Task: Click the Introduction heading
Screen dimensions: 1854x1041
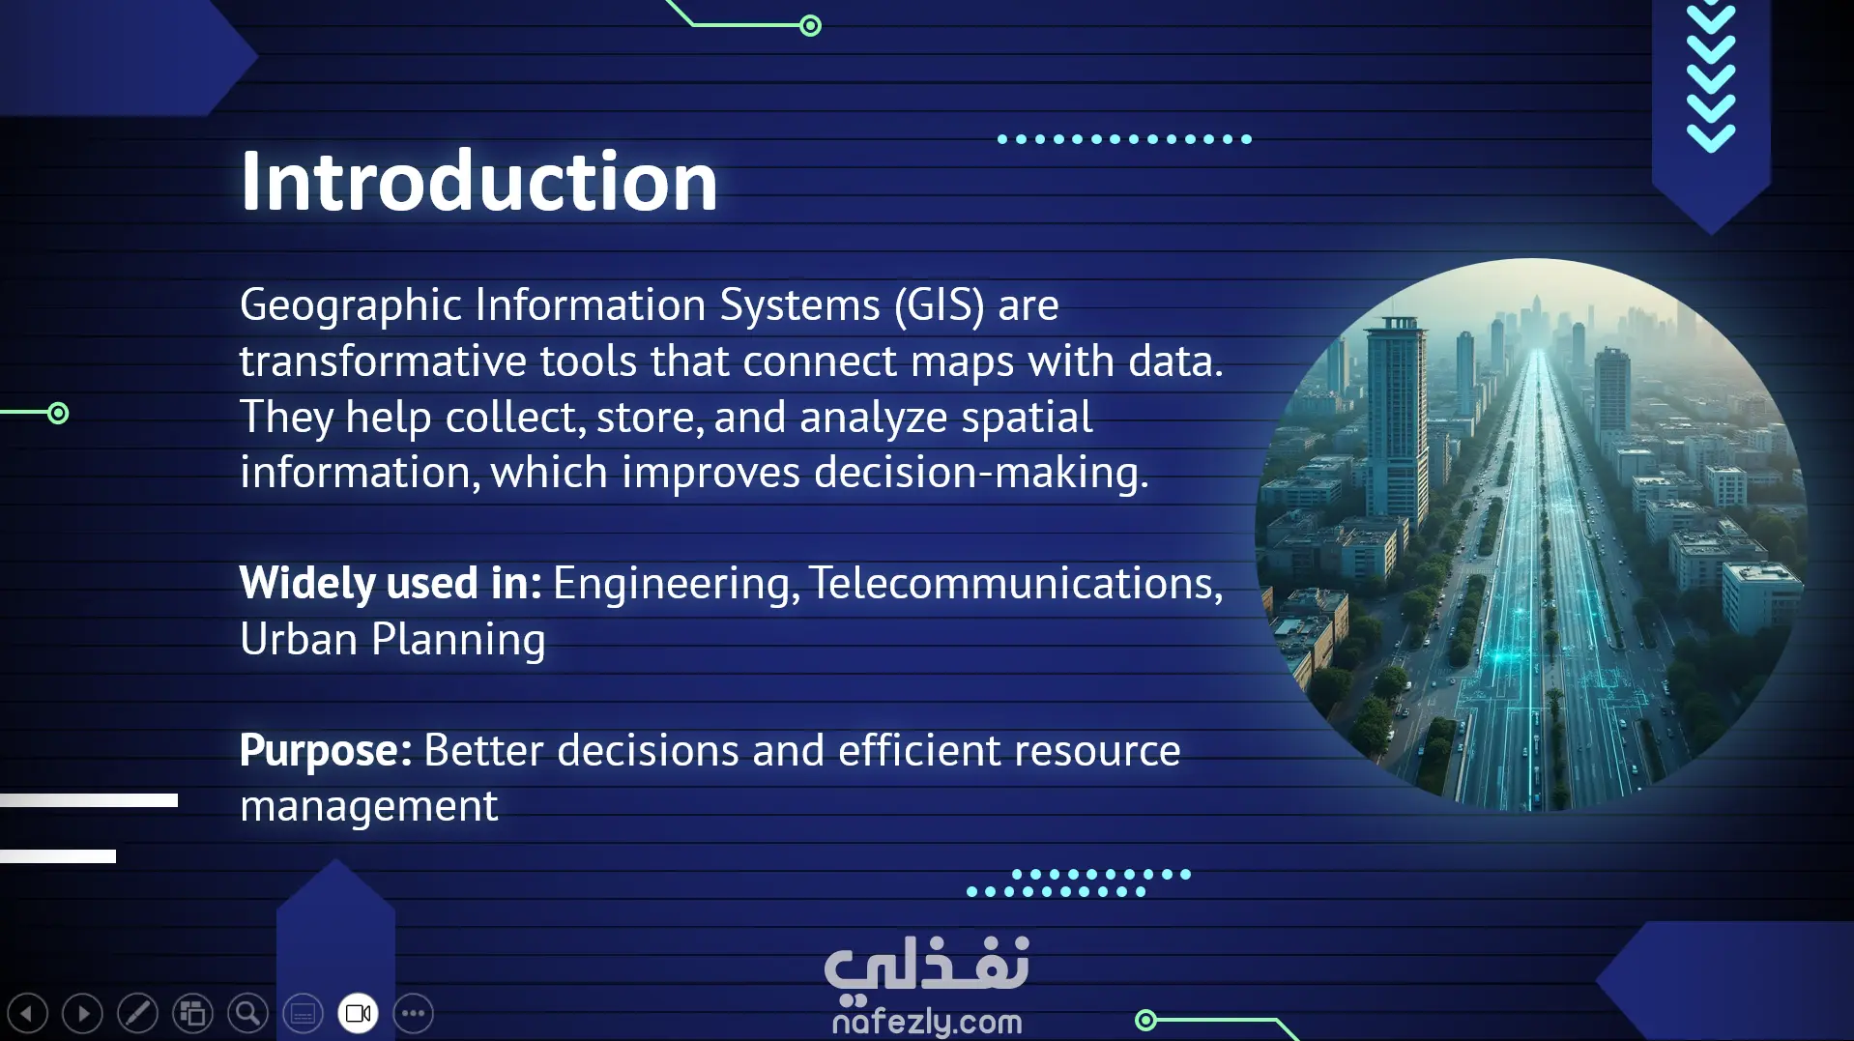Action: coord(478,181)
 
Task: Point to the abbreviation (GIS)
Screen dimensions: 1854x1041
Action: coord(939,305)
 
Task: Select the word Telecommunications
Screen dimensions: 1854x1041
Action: coord(1016,583)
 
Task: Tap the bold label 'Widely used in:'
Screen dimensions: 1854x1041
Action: coord(391,583)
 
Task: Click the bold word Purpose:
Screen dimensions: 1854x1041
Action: coord(326,751)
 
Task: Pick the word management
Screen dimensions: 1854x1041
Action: coord(368,806)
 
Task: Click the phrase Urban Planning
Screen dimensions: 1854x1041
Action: coord(392,640)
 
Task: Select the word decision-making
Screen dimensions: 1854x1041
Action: coord(981,473)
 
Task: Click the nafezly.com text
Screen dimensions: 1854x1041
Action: coord(926,1021)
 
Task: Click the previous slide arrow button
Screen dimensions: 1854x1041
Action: coord(27,1013)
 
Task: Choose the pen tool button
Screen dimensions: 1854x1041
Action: coord(137,1013)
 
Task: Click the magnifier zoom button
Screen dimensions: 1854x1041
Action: coord(247,1013)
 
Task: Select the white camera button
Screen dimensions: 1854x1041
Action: coord(358,1013)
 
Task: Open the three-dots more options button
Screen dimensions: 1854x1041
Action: coord(413,1013)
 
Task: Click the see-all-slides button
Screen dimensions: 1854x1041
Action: coord(192,1013)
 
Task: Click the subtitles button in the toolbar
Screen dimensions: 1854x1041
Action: coord(303,1013)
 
